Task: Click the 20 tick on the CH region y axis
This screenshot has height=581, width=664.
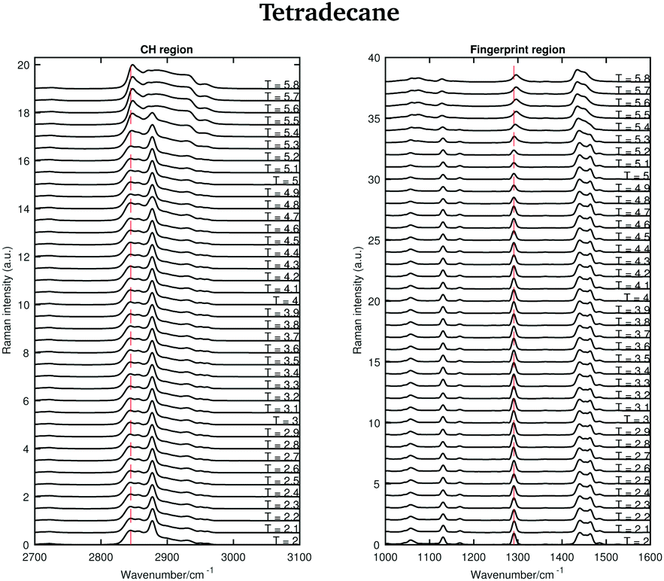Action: pos(23,65)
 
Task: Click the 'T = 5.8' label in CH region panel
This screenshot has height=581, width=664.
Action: pos(281,85)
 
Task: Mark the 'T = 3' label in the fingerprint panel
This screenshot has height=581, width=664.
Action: pos(635,418)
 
